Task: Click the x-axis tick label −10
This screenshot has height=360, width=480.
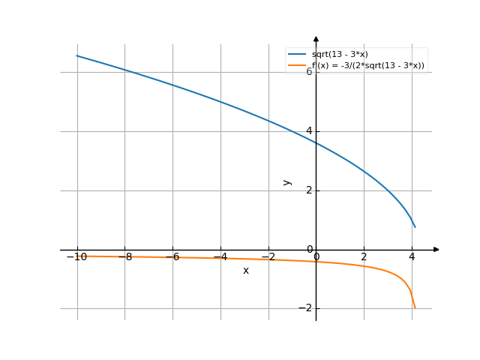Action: pyautogui.click(x=76, y=257)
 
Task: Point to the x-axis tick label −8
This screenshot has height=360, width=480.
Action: pyautogui.click(x=124, y=257)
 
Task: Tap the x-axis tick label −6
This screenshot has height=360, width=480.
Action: pyautogui.click(x=172, y=257)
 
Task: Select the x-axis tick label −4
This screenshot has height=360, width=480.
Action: pyautogui.click(x=220, y=257)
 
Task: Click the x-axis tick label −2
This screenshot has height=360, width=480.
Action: pyautogui.click(x=268, y=257)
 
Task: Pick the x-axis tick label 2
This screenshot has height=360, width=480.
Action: pyautogui.click(x=364, y=257)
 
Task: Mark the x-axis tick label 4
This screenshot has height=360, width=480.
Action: pyautogui.click(x=412, y=257)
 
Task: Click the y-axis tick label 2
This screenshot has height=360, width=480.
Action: pyautogui.click(x=308, y=190)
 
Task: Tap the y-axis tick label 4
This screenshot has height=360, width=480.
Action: pyautogui.click(x=308, y=131)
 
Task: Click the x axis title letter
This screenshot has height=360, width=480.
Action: pyautogui.click(x=246, y=271)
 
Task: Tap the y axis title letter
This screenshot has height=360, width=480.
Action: pyautogui.click(x=286, y=182)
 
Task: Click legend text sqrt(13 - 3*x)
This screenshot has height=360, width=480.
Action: pyautogui.click(x=340, y=55)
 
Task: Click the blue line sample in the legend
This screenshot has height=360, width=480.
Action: pyautogui.click(x=298, y=55)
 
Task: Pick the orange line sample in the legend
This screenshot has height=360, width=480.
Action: pyautogui.click(x=298, y=66)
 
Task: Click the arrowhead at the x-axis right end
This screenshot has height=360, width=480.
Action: pyautogui.click(x=436, y=249)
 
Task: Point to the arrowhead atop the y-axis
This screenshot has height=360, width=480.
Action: pyautogui.click(x=316, y=37)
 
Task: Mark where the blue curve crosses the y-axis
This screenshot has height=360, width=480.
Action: pyautogui.click(x=316, y=143)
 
